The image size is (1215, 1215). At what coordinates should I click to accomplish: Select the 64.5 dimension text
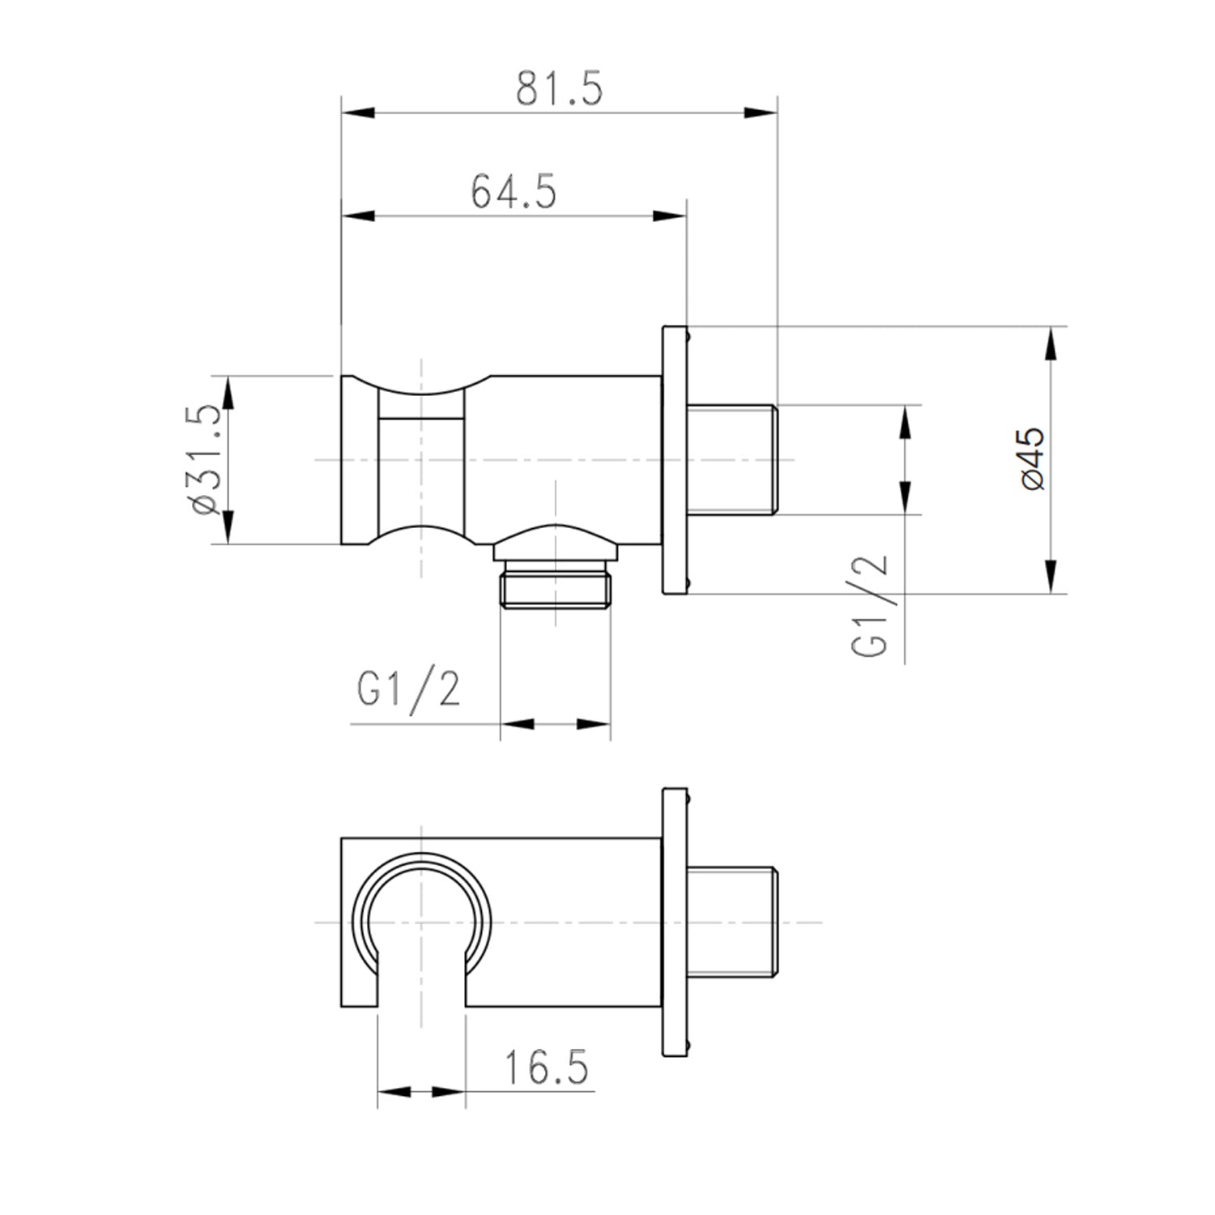click(x=514, y=191)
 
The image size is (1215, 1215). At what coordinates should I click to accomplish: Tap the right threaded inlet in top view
click(x=732, y=459)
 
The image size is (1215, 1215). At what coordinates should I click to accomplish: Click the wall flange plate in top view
click(x=674, y=459)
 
